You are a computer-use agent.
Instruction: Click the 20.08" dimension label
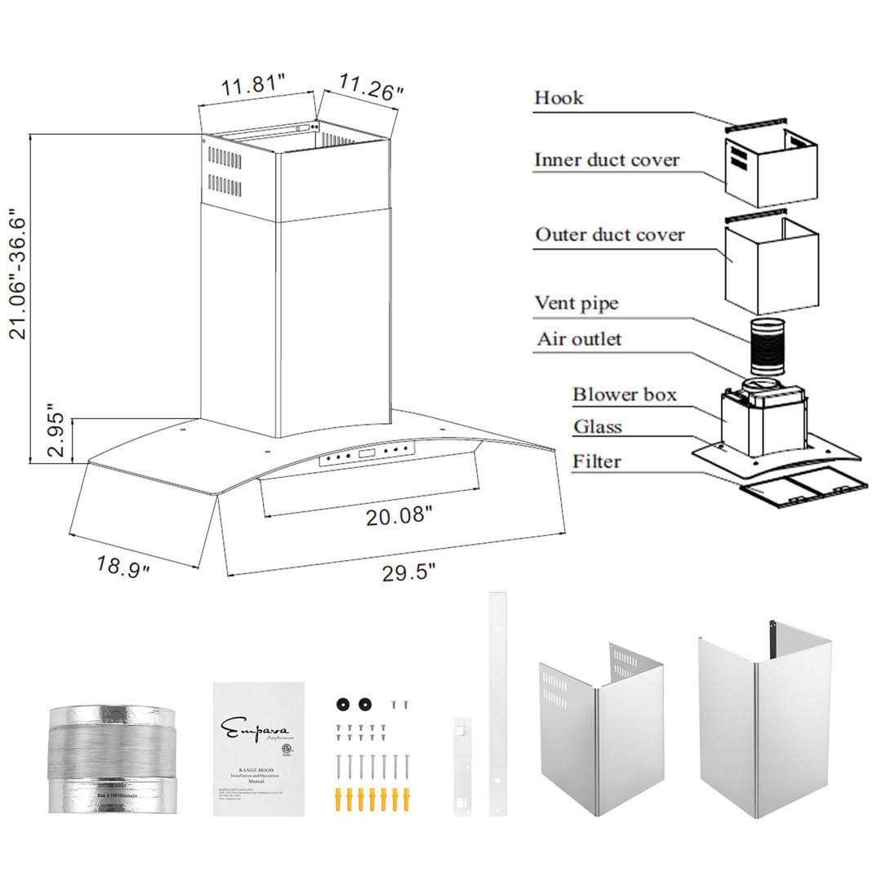(394, 516)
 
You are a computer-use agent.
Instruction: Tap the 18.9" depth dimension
(123, 565)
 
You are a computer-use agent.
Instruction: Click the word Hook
(559, 98)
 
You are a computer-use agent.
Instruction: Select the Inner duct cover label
(606, 159)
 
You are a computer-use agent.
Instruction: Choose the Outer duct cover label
(609, 235)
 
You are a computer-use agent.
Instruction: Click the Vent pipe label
(576, 303)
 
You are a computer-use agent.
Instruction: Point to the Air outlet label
(578, 339)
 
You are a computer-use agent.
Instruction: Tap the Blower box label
(624, 394)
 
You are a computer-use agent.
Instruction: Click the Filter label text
(596, 461)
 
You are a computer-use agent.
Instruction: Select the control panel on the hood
(367, 455)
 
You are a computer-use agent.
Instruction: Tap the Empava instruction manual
(258, 749)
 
